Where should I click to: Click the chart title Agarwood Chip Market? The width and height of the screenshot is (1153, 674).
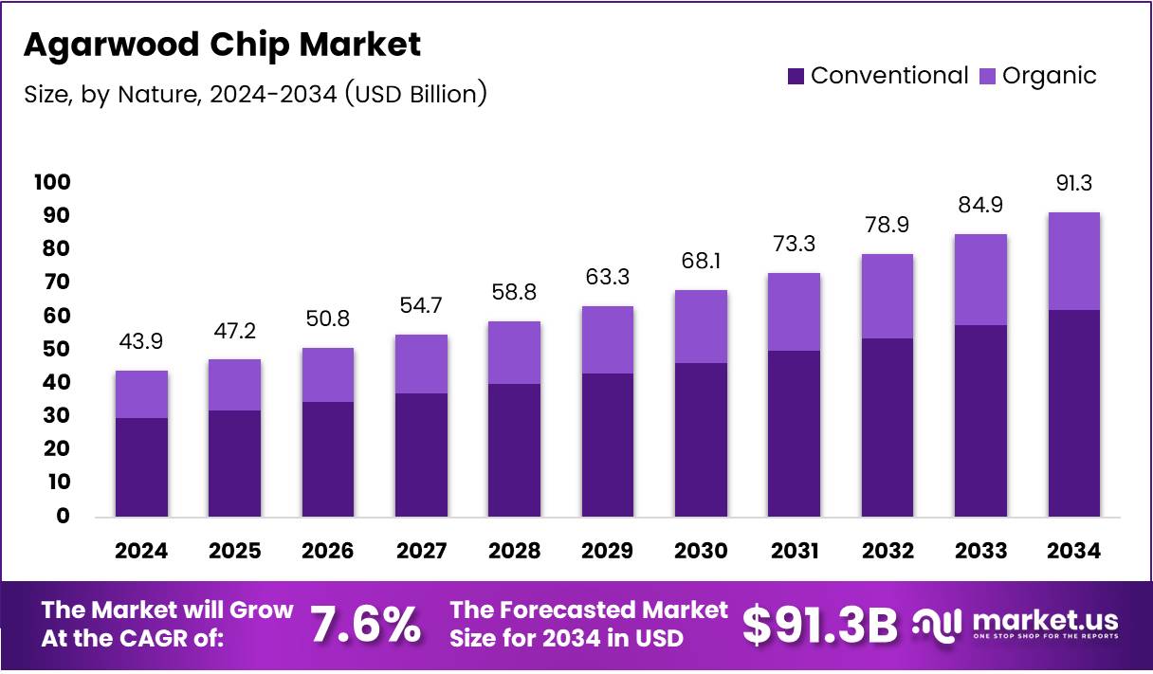point(222,45)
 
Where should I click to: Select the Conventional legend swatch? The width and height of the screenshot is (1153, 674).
point(796,76)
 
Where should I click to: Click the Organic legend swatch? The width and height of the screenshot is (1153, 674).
point(987,76)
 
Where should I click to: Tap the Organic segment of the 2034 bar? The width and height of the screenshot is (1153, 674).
point(1073,261)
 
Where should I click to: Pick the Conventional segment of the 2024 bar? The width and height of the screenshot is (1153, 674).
point(141,466)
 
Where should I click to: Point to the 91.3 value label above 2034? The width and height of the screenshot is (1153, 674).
point(1073,183)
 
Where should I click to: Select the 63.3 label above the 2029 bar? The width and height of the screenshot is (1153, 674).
point(608,277)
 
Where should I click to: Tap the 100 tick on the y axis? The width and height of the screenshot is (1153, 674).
point(52,182)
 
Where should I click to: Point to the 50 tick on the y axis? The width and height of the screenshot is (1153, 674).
point(57,349)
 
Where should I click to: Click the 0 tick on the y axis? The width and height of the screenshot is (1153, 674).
point(64,516)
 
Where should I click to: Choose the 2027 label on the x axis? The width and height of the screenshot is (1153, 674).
point(421,552)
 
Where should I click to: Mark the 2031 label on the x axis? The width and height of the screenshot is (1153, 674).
point(794,552)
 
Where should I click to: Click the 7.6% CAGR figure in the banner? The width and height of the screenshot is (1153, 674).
point(365,625)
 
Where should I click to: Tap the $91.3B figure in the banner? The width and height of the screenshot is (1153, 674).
point(819,625)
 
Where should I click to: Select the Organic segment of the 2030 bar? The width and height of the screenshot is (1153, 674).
point(701,326)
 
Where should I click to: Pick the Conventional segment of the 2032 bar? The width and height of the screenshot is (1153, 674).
point(888,427)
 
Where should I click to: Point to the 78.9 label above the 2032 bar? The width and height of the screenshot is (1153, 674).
point(888,226)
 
